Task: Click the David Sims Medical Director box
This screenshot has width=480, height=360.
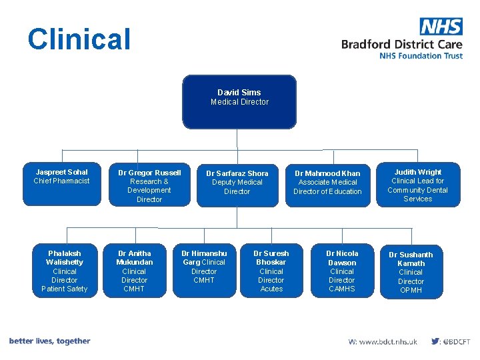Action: point(239,101)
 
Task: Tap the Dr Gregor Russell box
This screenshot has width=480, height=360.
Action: point(149,185)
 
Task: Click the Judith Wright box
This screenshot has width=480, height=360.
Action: point(417,185)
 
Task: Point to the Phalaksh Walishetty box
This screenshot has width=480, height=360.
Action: point(64,271)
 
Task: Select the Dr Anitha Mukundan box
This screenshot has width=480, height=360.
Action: point(134,271)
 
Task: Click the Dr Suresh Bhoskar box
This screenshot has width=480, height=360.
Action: point(271,271)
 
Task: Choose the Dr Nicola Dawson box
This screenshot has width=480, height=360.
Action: point(342,271)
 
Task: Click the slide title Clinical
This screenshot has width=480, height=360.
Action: point(79,39)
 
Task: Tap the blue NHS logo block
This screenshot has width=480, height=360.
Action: point(441,27)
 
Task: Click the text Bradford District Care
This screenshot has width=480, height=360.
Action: point(401,44)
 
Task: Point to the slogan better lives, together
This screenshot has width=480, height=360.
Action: point(50,341)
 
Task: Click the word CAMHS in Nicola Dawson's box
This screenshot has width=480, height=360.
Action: point(342,289)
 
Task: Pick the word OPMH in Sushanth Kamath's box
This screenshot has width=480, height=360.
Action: point(411,290)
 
